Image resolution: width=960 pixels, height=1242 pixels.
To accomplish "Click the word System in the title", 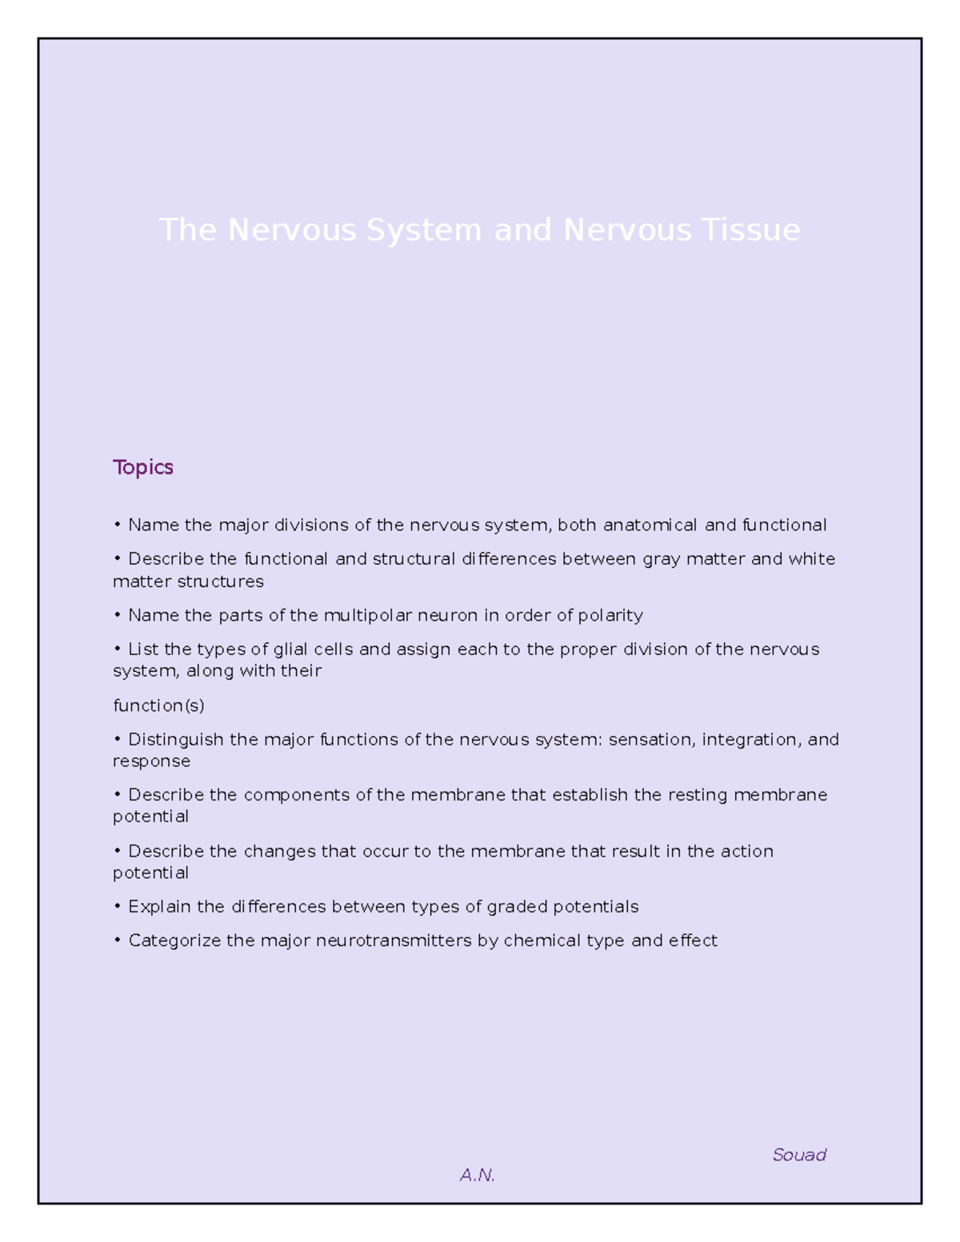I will (424, 230).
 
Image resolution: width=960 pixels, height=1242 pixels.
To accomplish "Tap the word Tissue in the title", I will (750, 230).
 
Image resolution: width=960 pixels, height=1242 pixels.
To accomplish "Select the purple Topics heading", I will (143, 467).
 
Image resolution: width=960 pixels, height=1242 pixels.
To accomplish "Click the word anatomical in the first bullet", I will (650, 525).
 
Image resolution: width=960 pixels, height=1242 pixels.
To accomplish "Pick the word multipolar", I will (368, 615).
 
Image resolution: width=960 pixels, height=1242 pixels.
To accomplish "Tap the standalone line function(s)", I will (158, 705).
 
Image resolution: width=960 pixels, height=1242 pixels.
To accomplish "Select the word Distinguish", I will (176, 740).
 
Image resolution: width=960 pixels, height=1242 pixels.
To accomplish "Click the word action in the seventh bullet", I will (747, 851).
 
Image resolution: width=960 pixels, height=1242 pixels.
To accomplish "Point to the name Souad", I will (799, 1155).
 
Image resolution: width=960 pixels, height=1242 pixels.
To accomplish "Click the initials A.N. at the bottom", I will (478, 1175).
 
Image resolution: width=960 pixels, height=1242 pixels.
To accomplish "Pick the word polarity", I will (610, 615).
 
